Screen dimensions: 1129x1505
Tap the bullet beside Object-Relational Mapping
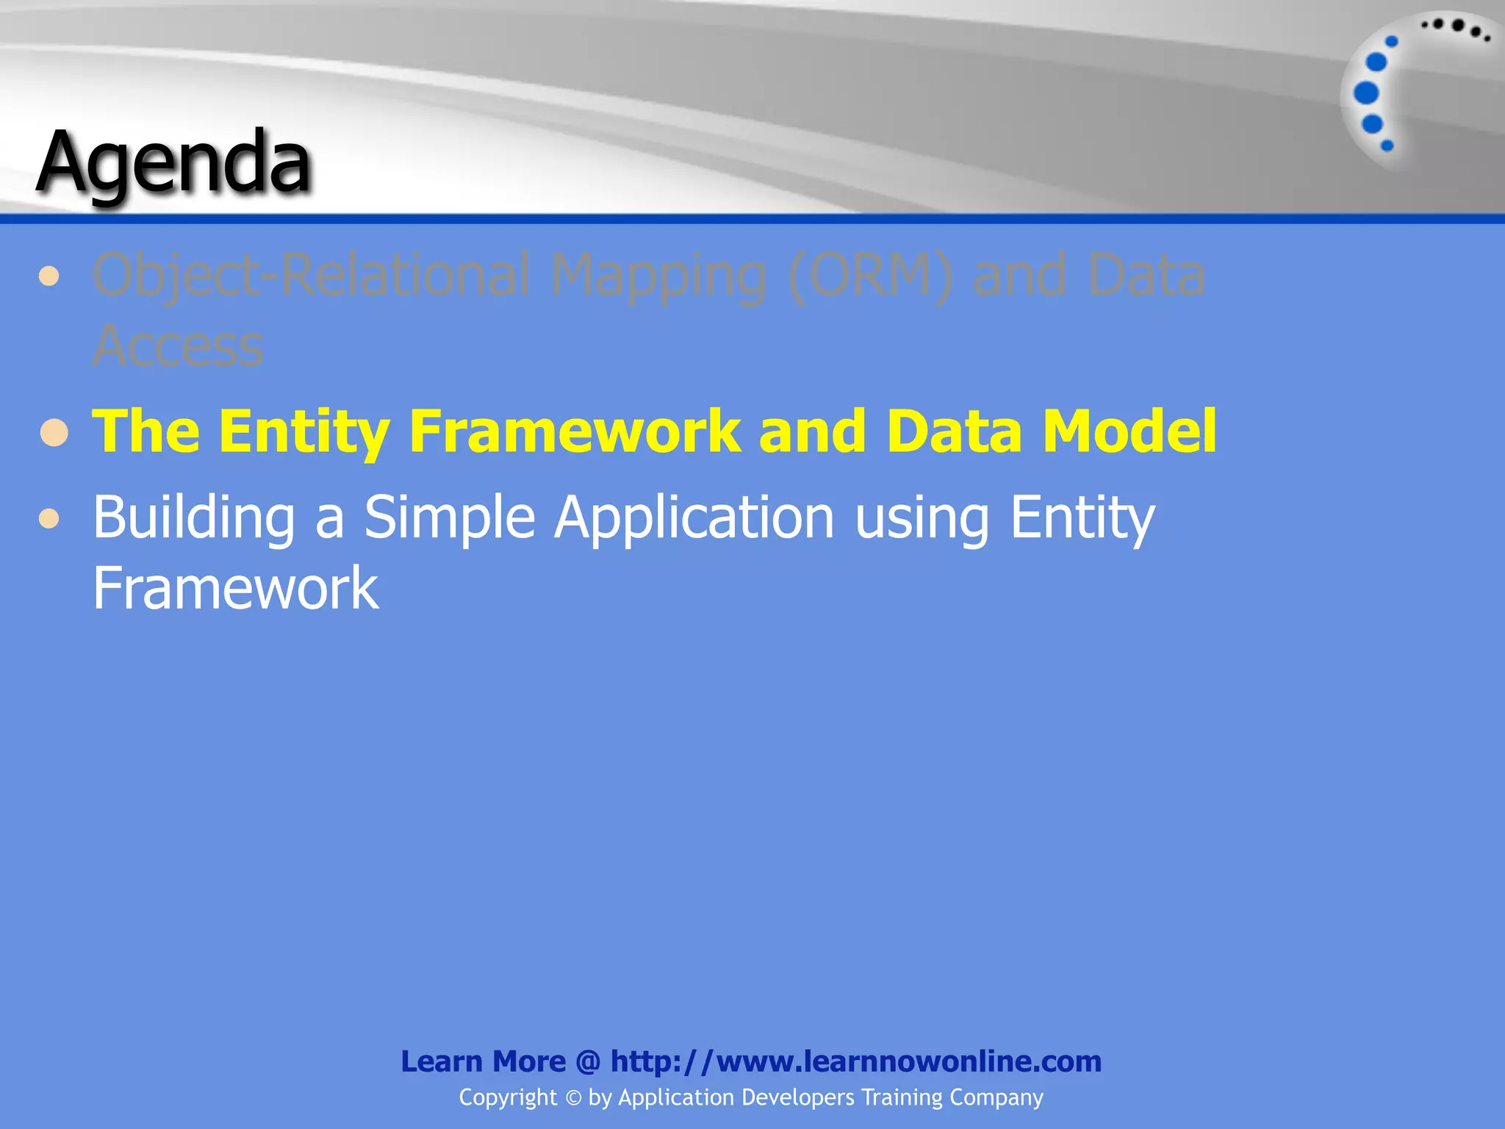coord(49,277)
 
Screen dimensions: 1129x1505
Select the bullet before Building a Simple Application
coord(49,519)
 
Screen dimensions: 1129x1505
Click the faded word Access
coord(178,345)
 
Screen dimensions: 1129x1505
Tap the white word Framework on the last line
coord(235,588)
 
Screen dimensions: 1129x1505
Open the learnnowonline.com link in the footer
coord(855,1061)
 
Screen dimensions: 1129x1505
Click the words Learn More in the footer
coord(483,1061)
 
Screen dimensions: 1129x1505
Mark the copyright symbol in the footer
coord(573,1098)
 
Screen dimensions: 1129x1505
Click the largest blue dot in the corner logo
coord(1366,93)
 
